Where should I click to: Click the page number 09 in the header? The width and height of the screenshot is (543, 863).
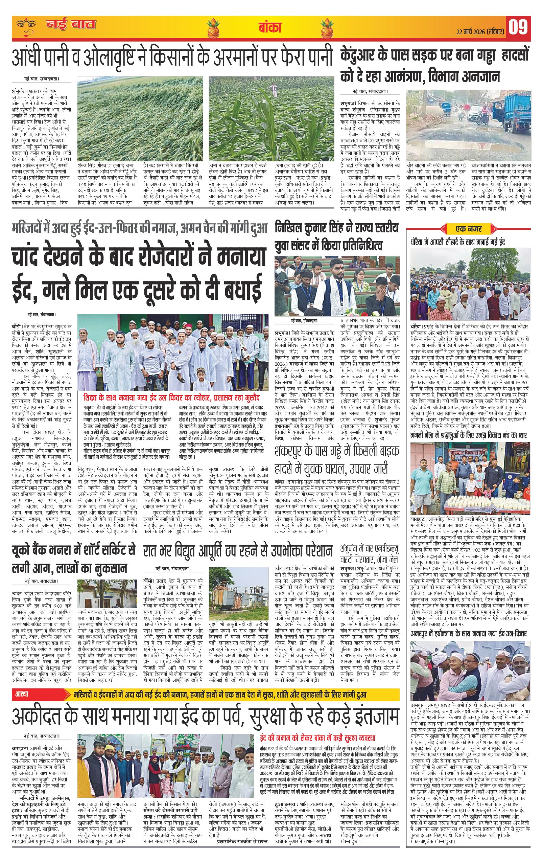[519, 28]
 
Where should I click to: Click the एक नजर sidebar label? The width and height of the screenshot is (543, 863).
[469, 228]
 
